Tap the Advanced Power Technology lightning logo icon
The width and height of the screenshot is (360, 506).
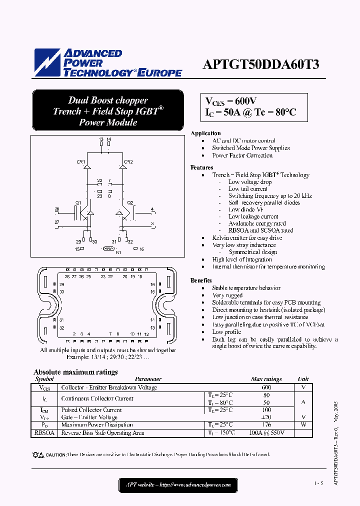pos(47,63)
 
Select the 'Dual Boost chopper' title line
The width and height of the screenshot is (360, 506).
pos(108,100)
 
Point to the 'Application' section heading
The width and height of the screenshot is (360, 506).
pos(205,133)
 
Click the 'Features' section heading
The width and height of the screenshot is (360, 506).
pos(201,167)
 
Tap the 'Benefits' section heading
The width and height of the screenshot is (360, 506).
pos(201,280)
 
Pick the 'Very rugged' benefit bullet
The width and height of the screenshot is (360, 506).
pos(227,295)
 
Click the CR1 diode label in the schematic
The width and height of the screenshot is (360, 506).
pos(80,162)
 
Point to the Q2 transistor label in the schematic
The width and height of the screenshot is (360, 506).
pos(130,202)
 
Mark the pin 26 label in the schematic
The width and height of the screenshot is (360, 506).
pos(57,209)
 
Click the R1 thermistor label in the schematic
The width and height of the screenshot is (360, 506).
pos(118,253)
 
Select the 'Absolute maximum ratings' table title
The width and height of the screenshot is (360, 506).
pos(75,372)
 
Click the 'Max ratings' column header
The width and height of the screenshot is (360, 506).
pos(266,379)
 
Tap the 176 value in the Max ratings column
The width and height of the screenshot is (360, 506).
pos(266,425)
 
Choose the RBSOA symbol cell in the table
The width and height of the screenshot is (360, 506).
pos(44,433)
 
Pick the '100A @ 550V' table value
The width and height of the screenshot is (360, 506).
pos(266,433)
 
